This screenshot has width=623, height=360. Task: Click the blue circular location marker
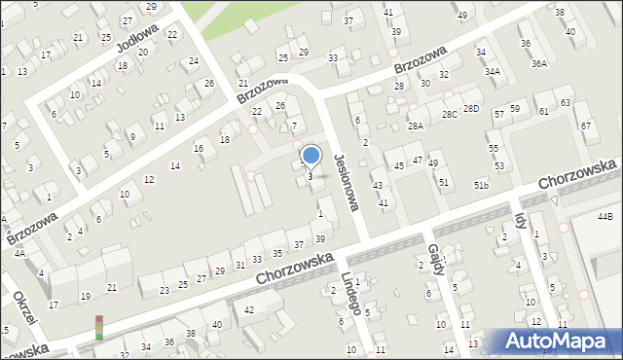311,155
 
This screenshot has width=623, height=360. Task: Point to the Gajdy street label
436,260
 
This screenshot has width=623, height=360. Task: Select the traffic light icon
98,326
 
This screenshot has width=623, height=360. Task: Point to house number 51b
481,185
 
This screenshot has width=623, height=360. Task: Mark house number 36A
538,63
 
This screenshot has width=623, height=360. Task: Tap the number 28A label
416,126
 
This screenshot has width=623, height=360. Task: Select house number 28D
471,108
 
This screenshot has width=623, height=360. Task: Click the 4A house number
18,253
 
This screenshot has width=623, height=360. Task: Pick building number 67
585,126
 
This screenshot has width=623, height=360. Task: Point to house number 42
249,309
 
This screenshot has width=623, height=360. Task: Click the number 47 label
418,159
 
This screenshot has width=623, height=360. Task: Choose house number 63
566,102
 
